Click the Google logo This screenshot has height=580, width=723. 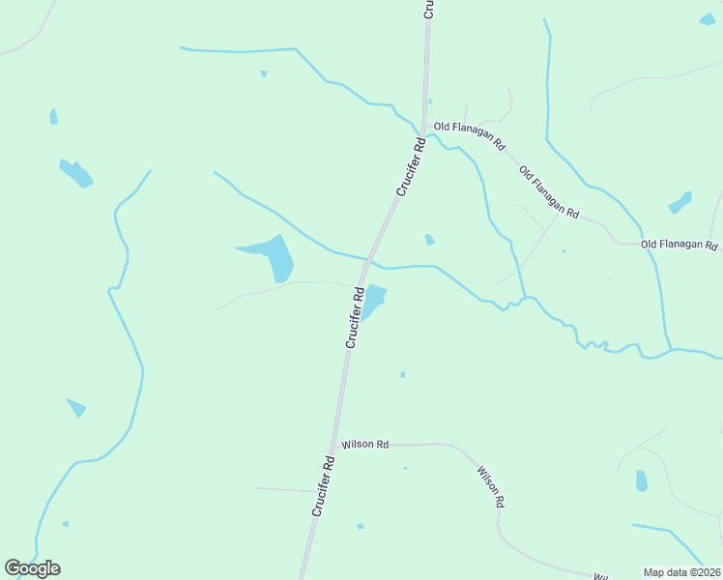(x=32, y=568)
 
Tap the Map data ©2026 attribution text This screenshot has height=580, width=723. (x=682, y=572)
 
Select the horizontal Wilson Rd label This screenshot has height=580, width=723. (x=364, y=445)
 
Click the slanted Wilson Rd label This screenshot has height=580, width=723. (x=490, y=487)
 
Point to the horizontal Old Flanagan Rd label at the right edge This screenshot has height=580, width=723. (x=680, y=246)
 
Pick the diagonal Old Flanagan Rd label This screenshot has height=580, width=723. (x=548, y=191)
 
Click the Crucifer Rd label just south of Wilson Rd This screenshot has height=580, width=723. (x=323, y=486)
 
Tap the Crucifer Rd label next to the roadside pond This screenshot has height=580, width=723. (x=355, y=317)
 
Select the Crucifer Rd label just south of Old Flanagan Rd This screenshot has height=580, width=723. (x=410, y=167)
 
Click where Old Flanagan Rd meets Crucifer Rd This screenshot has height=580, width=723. (x=423, y=127)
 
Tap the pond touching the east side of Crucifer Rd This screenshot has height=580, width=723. (x=373, y=301)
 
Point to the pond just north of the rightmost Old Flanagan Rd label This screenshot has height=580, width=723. (x=680, y=203)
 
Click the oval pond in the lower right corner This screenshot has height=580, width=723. (x=641, y=480)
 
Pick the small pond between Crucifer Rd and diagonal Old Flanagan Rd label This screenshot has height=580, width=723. (x=429, y=239)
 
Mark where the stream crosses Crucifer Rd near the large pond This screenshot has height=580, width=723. (x=369, y=259)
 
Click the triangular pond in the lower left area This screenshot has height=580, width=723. (x=76, y=407)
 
